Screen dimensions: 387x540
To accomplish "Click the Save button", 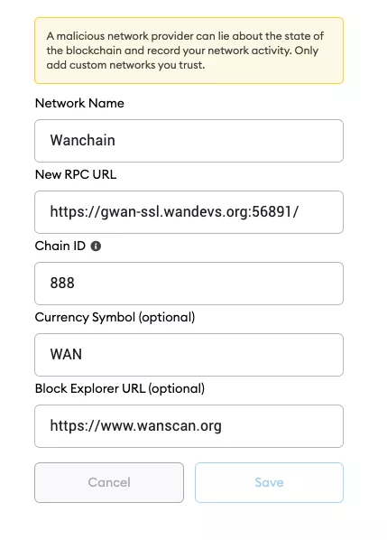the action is click(x=269, y=482).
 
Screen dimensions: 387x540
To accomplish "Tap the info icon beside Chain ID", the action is click(x=96, y=246).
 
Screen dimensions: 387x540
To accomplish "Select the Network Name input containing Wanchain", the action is click(x=189, y=141).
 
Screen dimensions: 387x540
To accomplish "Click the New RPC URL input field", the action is click(x=189, y=212).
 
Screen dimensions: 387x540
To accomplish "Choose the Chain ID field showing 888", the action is click(x=189, y=284).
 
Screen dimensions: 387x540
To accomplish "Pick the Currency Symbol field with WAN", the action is click(x=189, y=355).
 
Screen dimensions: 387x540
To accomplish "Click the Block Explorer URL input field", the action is click(x=189, y=426).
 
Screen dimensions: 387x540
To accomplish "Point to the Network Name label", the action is click(x=79, y=103).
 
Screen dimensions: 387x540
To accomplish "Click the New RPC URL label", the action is click(x=76, y=174).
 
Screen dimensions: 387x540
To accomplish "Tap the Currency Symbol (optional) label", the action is click(x=115, y=317).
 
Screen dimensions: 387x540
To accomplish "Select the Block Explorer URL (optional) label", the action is click(x=120, y=388).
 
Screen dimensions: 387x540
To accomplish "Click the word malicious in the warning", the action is click(x=80, y=36).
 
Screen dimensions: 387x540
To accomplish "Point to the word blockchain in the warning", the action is click(x=94, y=51).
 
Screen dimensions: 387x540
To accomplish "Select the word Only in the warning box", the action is click(x=307, y=51).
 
